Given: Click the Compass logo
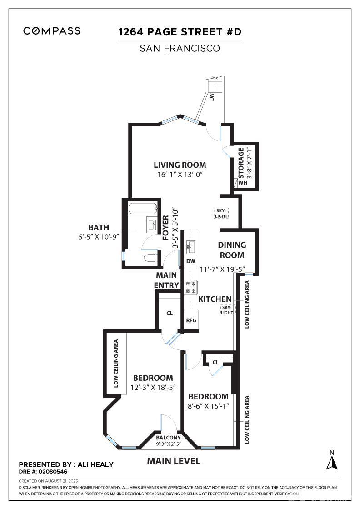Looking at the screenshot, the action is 52,31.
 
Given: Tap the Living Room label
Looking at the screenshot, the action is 180,165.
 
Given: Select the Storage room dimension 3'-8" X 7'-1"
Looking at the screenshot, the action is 249,163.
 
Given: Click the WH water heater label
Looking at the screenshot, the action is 242,183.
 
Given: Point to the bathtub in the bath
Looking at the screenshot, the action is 143,209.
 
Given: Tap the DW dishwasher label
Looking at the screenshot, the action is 191,261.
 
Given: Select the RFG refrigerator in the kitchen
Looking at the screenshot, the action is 191,320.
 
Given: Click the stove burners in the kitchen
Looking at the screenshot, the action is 191,287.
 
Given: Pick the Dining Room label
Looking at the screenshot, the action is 232,250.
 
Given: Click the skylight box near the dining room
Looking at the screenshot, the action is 221,213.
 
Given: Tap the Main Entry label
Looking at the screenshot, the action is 166,280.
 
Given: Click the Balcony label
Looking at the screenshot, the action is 168,438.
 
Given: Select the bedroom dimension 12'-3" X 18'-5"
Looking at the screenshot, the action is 153,388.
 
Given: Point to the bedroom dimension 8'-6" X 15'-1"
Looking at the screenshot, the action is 208,406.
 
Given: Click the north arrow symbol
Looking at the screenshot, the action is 332,460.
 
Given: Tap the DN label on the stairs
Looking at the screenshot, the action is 212,96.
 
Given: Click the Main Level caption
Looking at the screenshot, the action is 174,461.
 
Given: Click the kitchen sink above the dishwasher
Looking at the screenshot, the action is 190,248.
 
